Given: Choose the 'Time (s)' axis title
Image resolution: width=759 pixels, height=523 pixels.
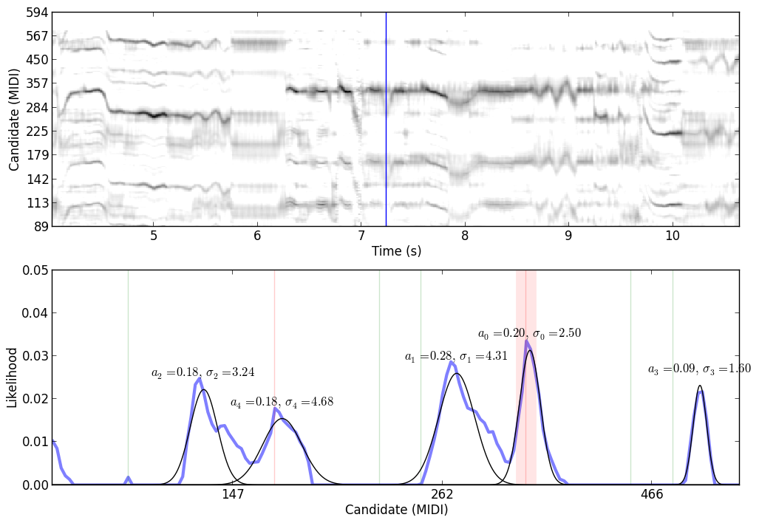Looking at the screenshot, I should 396,251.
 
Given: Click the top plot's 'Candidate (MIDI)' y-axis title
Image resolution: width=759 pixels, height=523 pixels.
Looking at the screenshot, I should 14,120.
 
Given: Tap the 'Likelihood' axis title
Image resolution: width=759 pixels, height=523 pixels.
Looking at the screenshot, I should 13,377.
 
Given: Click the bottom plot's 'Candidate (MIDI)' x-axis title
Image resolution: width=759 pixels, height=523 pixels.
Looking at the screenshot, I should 396,510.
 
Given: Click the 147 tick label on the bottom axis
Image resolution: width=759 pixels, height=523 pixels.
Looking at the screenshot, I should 233,494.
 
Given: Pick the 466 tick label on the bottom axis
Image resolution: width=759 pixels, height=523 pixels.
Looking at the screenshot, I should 652,494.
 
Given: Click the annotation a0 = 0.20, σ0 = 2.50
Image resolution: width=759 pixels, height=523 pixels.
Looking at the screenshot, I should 529,334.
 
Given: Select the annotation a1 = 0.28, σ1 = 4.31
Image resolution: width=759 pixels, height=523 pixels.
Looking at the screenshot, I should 456,357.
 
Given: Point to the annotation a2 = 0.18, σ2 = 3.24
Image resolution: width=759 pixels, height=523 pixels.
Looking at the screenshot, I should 202,373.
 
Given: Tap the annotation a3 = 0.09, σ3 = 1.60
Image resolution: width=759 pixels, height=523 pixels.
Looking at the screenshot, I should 699,369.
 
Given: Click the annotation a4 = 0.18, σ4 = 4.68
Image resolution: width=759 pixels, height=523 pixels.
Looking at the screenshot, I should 282,403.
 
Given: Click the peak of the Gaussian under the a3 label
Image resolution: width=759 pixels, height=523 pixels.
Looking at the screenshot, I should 700,386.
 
